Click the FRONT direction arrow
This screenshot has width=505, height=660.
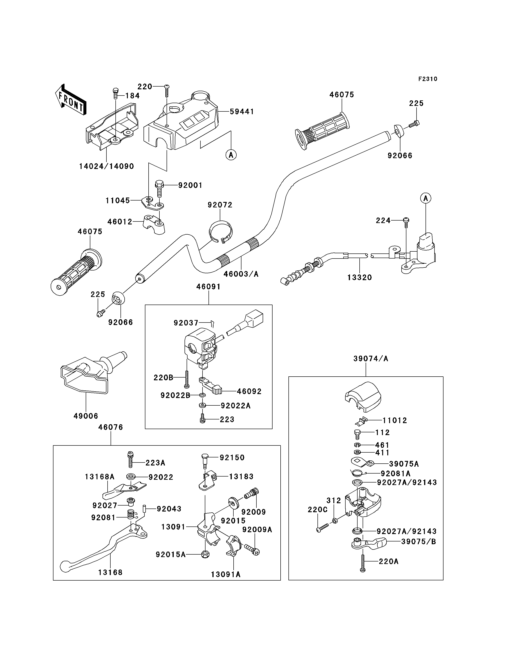click(71, 99)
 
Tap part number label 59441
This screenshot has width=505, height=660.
click(242, 112)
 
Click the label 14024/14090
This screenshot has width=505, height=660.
click(106, 166)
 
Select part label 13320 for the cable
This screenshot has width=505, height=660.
click(359, 278)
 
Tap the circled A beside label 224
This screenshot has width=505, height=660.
click(426, 198)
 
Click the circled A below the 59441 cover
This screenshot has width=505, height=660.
click(231, 155)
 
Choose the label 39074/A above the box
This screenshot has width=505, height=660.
click(371, 359)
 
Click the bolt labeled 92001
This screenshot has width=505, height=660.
click(160, 188)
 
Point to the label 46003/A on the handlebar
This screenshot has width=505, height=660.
click(241, 274)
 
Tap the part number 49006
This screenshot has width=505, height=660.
click(86, 416)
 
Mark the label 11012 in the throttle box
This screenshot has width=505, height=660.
click(395, 421)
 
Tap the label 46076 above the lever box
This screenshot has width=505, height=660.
click(111, 427)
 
